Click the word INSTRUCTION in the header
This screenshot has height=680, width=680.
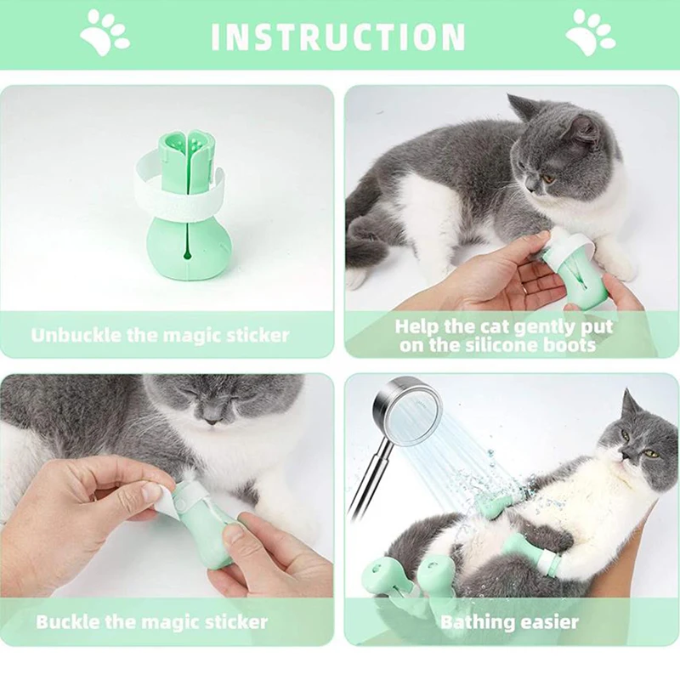point(337,37)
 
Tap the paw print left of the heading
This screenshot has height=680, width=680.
point(105,33)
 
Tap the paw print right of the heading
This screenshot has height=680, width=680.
point(590,33)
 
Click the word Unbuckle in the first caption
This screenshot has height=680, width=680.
point(76,335)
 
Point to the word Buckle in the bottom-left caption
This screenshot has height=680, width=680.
point(66,621)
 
